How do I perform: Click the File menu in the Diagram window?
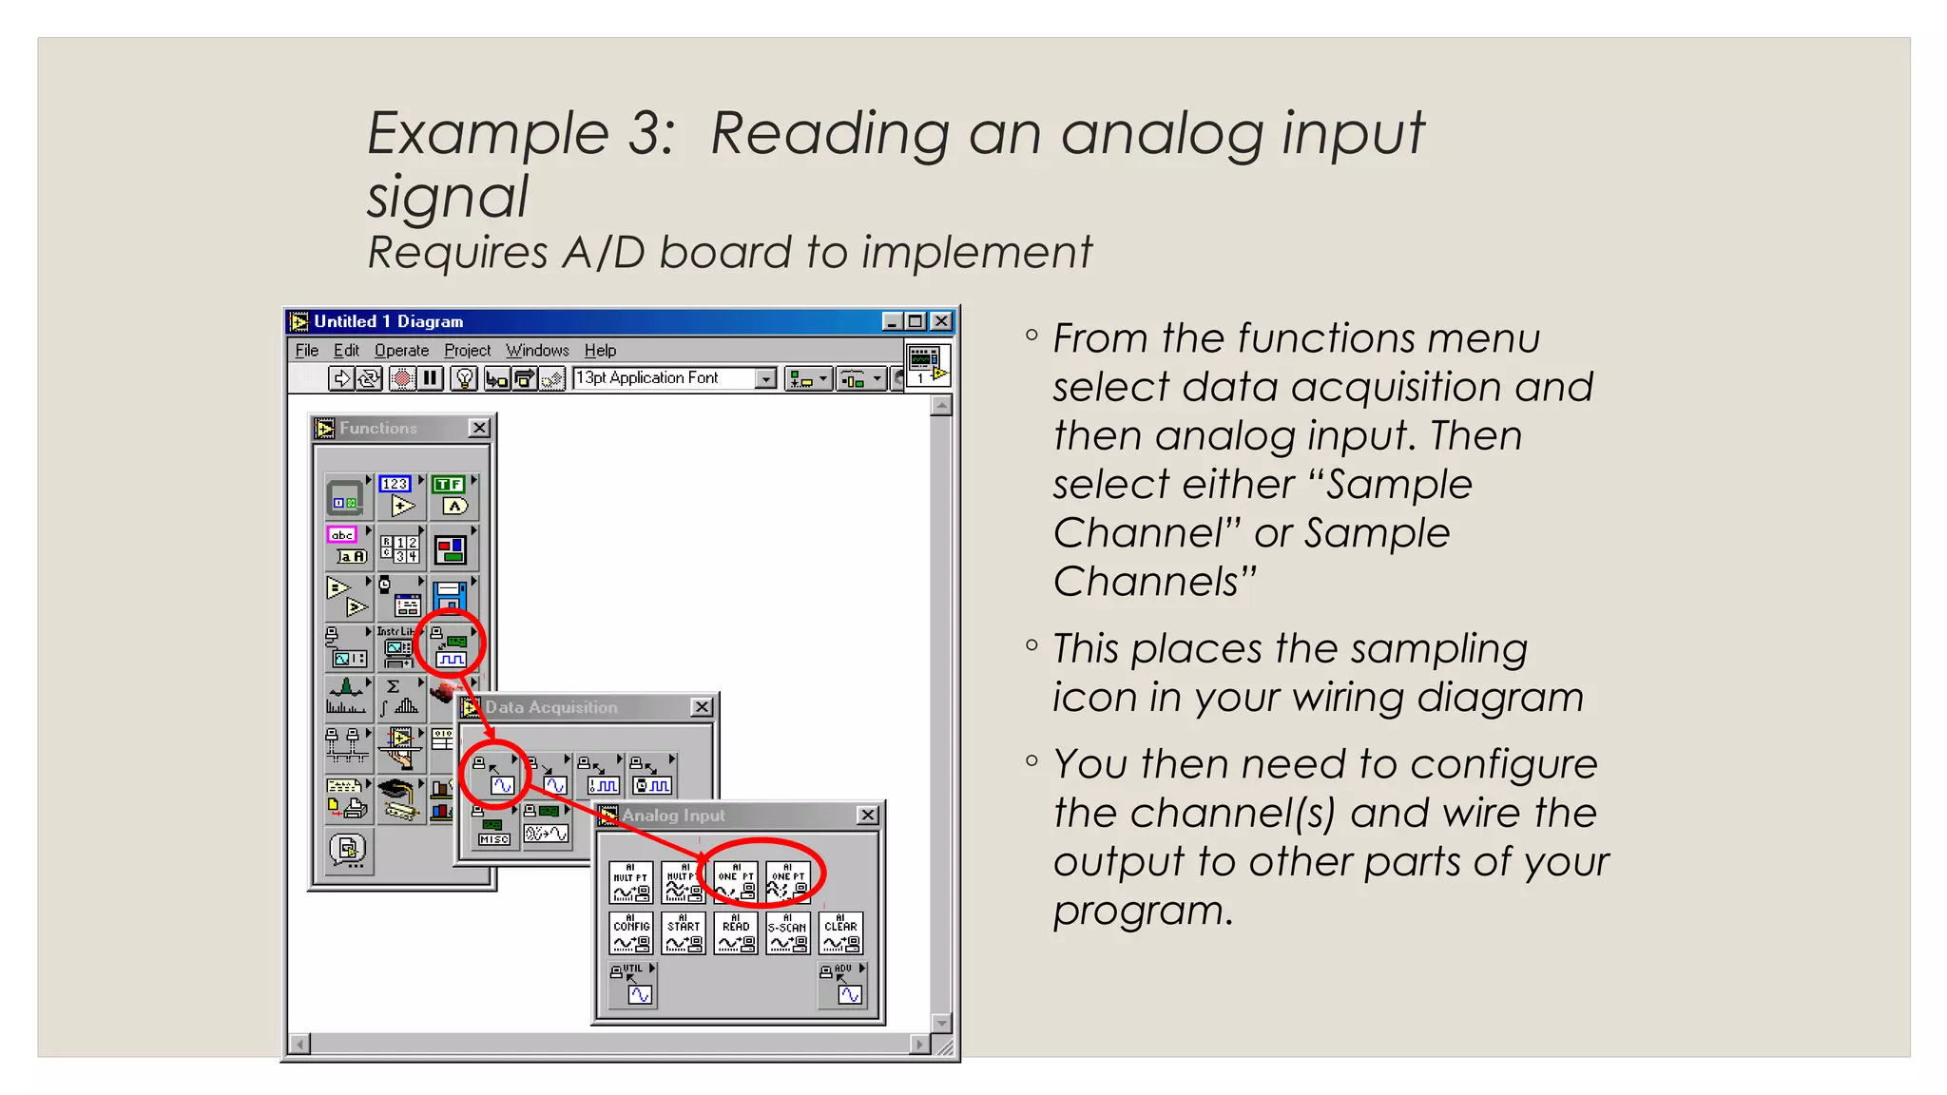306,351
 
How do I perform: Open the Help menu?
600,351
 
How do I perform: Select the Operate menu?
401,351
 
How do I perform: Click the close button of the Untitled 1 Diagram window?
940,321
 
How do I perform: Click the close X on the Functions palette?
479,429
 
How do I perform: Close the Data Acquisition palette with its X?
702,707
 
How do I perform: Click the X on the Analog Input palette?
867,816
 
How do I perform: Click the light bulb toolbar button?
464,378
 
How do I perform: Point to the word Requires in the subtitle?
456,253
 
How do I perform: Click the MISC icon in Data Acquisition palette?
493,826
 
